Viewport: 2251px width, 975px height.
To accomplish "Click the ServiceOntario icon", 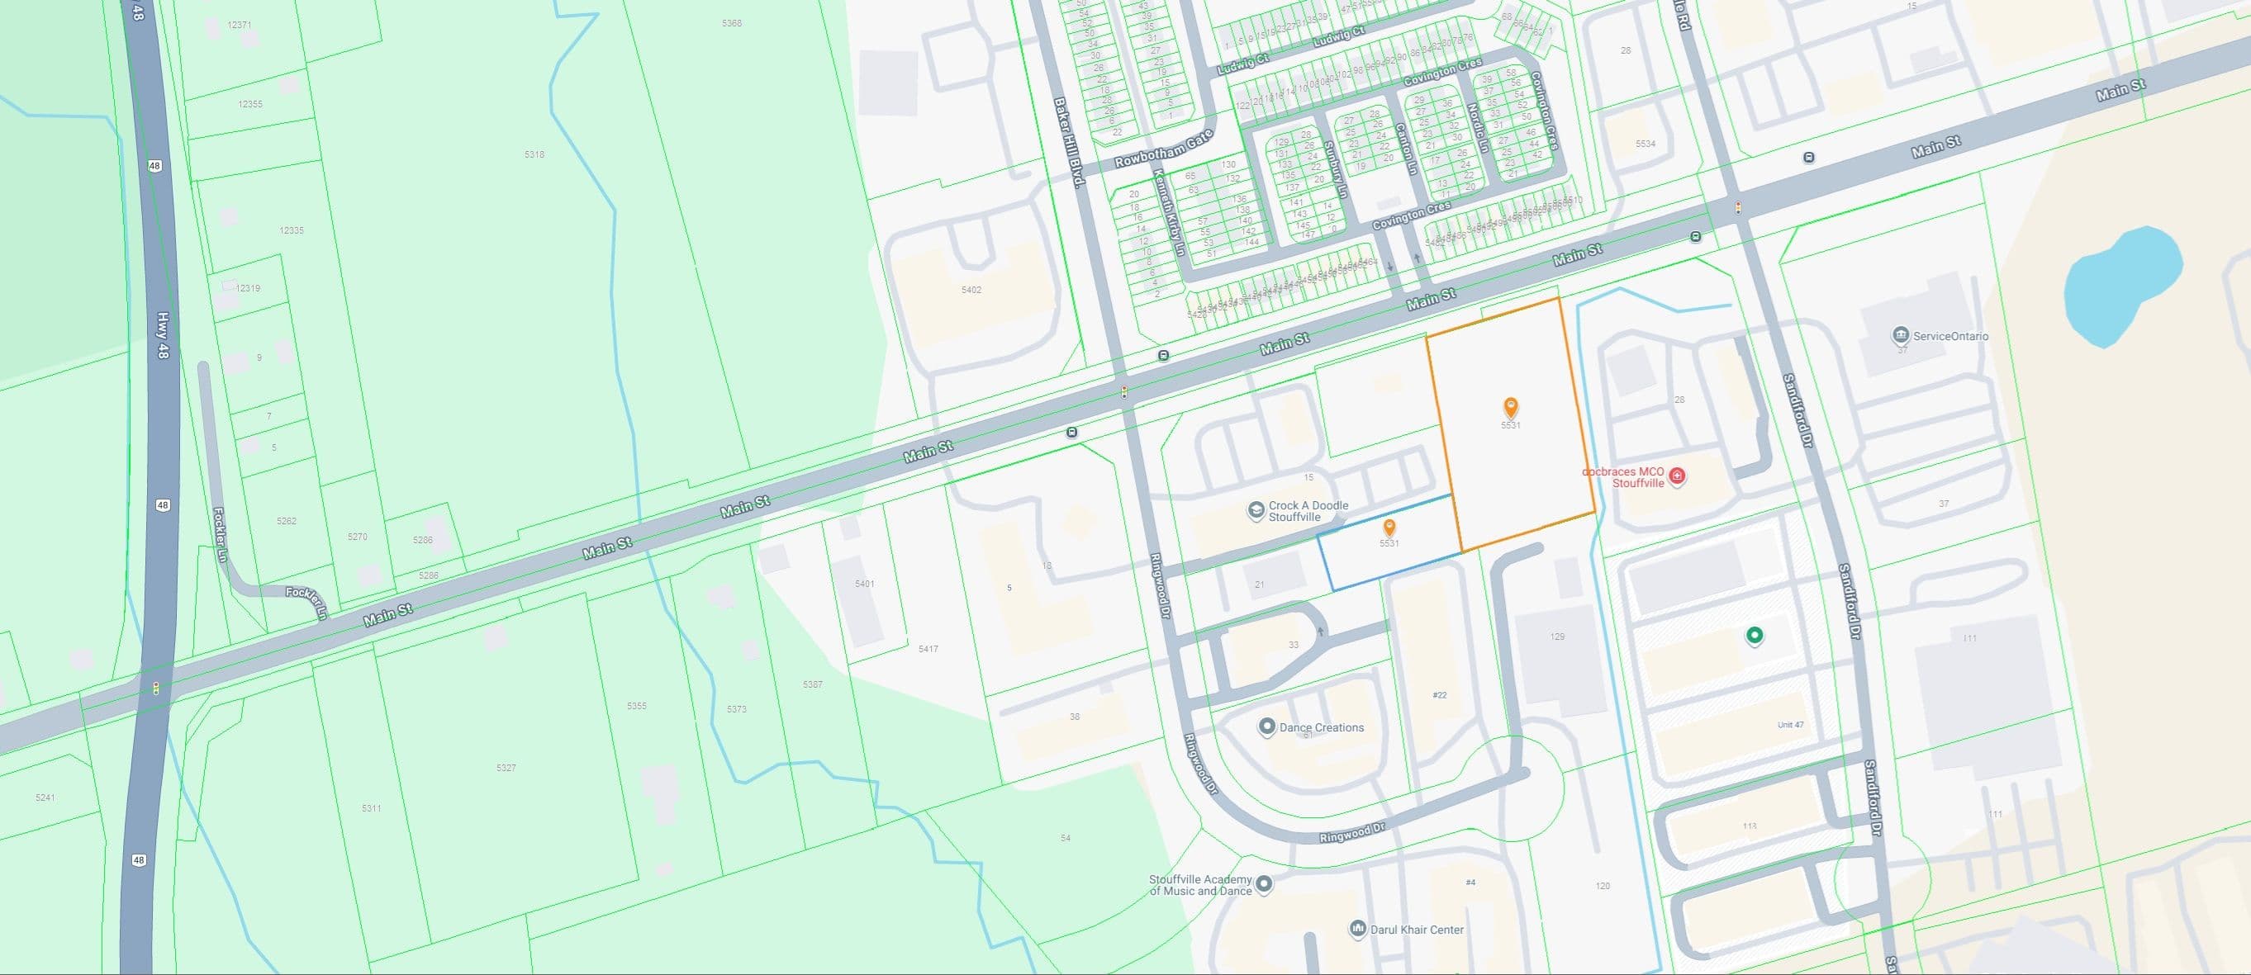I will (1900, 335).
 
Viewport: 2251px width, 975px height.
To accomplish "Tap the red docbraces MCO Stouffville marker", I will (1677, 476).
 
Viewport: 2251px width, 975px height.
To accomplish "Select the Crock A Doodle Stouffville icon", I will (1256, 511).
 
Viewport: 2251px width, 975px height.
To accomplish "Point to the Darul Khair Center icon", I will (1357, 929).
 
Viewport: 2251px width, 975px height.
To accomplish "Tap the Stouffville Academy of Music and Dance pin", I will (1264, 884).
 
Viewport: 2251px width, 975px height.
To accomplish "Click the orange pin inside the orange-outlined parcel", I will (1510, 407).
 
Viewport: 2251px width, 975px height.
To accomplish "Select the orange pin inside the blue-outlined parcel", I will (1389, 528).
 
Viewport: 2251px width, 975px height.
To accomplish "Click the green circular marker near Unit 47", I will (1754, 635).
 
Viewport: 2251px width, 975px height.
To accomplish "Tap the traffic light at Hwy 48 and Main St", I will (156, 689).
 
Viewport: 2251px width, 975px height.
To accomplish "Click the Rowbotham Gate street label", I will (1164, 150).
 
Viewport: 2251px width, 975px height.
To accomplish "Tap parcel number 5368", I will (731, 24).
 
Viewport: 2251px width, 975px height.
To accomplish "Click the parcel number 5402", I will (971, 290).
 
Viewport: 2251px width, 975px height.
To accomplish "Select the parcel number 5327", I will (506, 768).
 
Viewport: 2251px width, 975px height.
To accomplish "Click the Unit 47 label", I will (1791, 725).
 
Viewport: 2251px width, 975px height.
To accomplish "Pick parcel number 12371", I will (240, 26).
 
